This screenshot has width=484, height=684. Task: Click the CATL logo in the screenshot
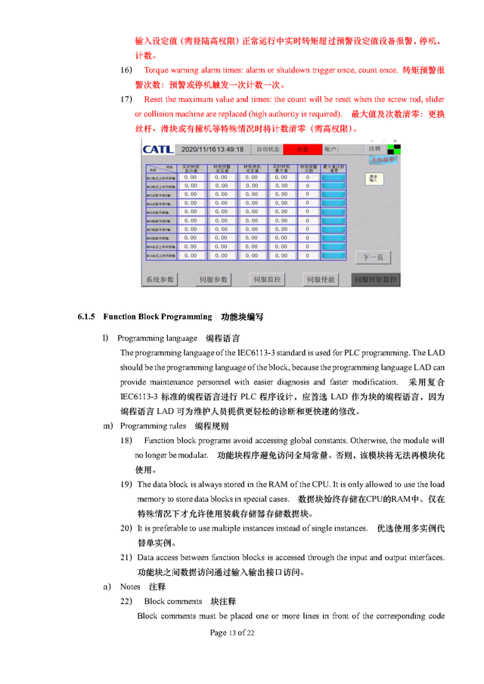pyautogui.click(x=157, y=149)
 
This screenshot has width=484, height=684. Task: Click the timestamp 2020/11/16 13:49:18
pyautogui.click(x=212, y=150)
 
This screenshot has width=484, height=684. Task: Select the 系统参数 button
pyautogui.click(x=160, y=280)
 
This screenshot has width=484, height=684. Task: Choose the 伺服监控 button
pyautogui.click(x=266, y=280)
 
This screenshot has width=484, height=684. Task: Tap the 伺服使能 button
pyautogui.click(x=320, y=280)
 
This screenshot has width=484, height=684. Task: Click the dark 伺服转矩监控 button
pyautogui.click(x=376, y=280)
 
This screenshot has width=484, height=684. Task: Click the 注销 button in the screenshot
pyautogui.click(x=374, y=148)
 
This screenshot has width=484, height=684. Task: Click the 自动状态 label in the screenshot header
pyautogui.click(x=266, y=150)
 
